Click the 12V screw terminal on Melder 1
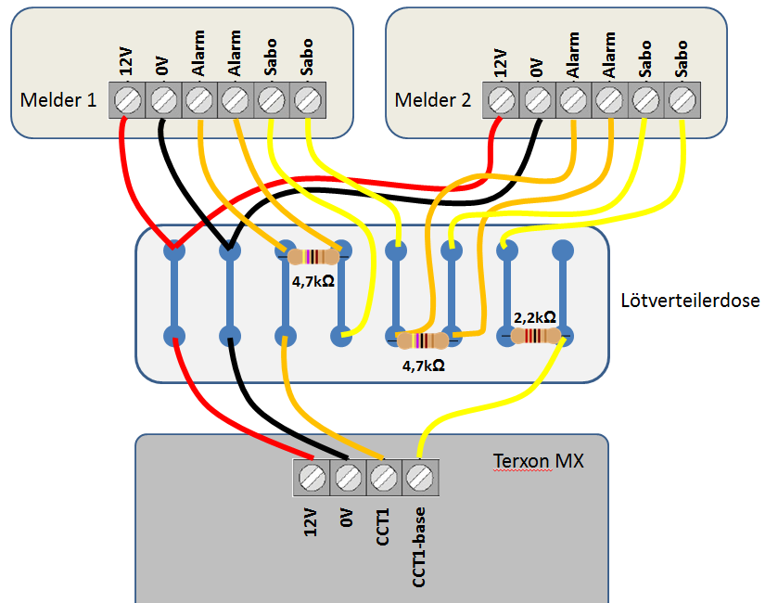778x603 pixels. (x=128, y=98)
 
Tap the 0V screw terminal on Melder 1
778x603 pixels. (x=164, y=98)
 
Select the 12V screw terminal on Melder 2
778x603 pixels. (x=502, y=98)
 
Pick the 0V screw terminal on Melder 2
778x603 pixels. (x=538, y=98)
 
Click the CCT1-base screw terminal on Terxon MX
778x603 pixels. (x=419, y=477)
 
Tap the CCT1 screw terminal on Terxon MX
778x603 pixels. (x=383, y=477)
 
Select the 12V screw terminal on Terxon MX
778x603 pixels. (x=312, y=477)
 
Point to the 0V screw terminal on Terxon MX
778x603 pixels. (x=348, y=477)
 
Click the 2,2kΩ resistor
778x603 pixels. (x=535, y=336)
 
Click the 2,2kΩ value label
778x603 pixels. (x=535, y=317)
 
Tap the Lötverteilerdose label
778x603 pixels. (x=690, y=301)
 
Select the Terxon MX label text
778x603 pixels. (x=538, y=459)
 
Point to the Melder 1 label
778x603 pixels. (x=57, y=99)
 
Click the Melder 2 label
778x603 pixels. (x=432, y=99)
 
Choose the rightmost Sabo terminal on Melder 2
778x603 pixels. (x=682, y=98)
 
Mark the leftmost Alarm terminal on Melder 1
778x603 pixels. (x=199, y=98)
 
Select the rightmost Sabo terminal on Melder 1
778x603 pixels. (x=307, y=98)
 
